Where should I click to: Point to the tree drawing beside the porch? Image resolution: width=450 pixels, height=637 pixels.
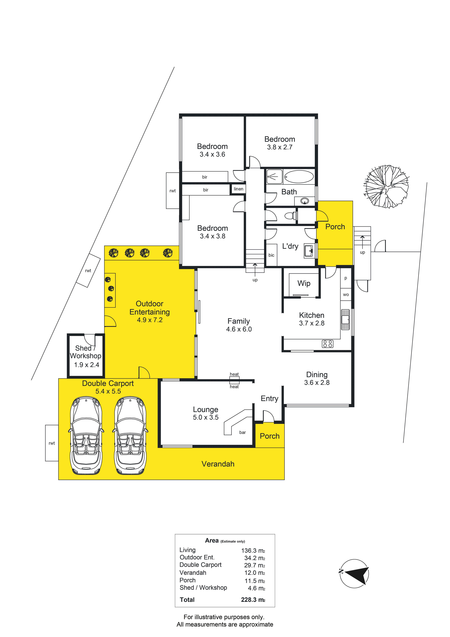tap(386, 186)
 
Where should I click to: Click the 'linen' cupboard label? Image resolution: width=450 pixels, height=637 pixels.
tap(238, 189)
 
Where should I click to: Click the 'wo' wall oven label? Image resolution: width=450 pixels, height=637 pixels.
tap(346, 295)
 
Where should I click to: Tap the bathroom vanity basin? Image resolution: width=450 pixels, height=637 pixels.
tap(305, 201)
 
